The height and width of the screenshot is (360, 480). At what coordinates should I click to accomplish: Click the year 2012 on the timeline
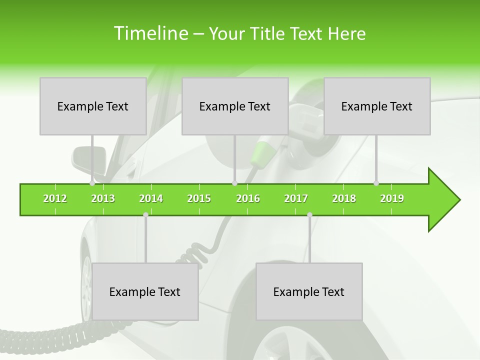tap(55, 198)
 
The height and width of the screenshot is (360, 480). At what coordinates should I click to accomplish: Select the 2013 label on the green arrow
tap(103, 198)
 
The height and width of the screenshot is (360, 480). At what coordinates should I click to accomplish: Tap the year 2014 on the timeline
tap(151, 198)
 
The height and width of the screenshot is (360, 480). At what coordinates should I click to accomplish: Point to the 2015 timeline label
tap(199, 198)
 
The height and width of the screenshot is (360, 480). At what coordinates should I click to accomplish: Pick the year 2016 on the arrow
tap(248, 198)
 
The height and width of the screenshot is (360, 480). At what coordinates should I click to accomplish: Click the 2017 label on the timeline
tap(296, 198)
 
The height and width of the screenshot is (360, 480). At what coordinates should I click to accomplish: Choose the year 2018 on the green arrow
tap(344, 198)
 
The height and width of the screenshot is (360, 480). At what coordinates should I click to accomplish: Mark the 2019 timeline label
tap(392, 198)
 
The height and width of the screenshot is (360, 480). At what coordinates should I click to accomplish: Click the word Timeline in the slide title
tap(150, 33)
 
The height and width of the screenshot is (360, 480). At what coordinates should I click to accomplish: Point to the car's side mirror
tap(89, 158)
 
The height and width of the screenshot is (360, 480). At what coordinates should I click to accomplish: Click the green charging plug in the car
tap(260, 154)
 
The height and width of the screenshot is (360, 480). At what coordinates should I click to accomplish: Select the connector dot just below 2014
tap(145, 214)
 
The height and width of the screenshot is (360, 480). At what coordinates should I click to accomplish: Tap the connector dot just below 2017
tap(309, 214)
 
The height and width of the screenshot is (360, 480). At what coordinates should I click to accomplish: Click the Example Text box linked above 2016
tap(235, 106)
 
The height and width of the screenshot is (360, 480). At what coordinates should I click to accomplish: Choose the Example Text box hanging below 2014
tap(145, 291)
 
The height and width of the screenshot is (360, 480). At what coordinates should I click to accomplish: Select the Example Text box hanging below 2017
tap(309, 291)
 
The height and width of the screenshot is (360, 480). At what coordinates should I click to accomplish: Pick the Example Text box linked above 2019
tap(377, 106)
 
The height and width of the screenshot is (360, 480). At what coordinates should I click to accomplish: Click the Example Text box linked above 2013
tap(93, 106)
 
